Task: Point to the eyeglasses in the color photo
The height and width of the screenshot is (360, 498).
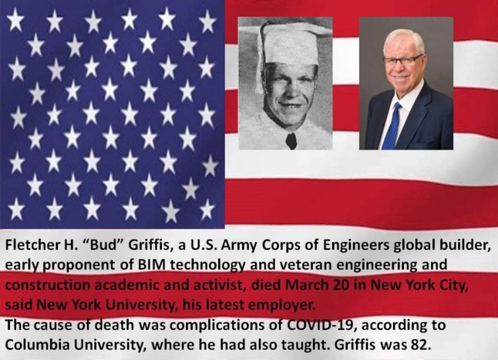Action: (x=402, y=60)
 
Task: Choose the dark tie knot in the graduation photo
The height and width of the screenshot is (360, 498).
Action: (x=291, y=140)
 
